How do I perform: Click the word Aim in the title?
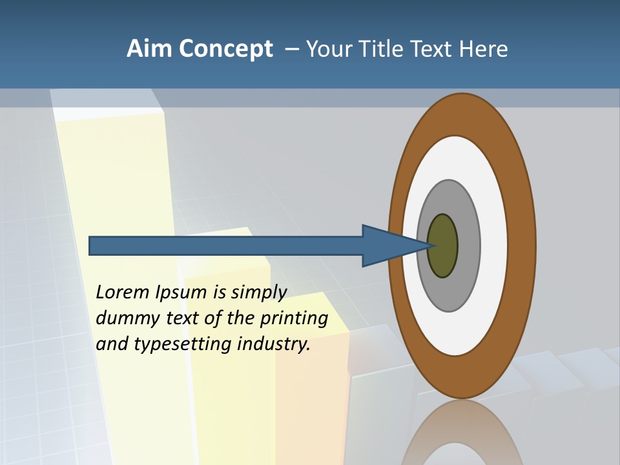tap(149, 49)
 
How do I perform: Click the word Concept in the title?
tap(225, 49)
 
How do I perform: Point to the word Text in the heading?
tap(433, 49)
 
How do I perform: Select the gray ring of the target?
tap(468, 245)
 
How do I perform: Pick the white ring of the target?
tap(494, 245)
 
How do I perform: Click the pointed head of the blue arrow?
tap(394, 246)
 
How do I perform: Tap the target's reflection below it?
tap(462, 436)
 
